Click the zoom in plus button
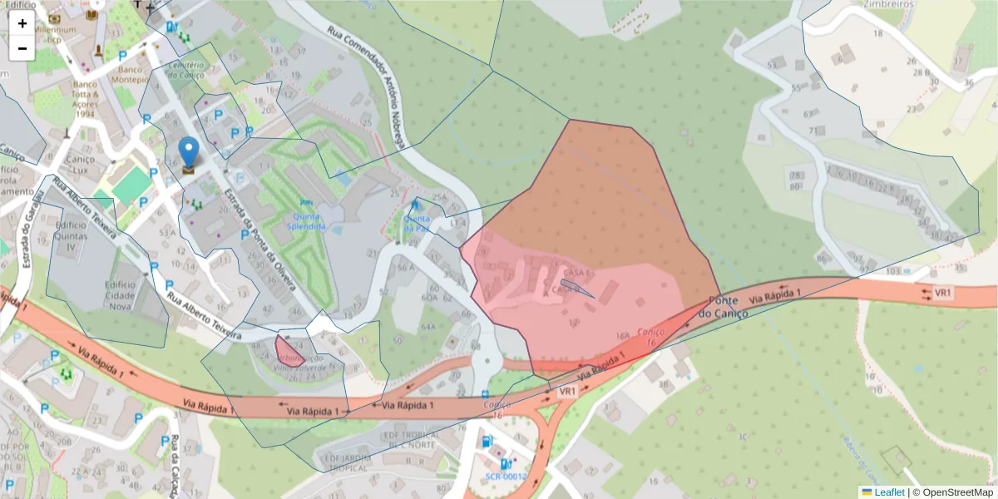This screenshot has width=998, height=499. tap(22, 23)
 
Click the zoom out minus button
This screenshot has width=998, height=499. tap(22, 48)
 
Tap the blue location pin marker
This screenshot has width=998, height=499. tap(190, 155)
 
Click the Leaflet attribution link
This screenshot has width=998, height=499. tap(888, 492)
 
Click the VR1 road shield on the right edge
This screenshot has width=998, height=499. tap(942, 293)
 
